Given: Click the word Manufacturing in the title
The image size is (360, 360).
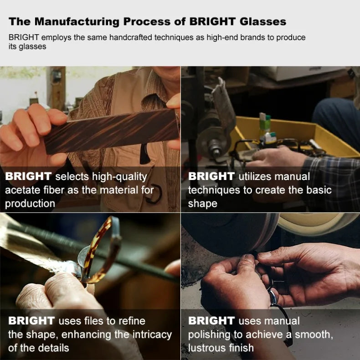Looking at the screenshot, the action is (77, 22).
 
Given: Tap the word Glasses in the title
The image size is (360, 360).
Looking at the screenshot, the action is (263, 21).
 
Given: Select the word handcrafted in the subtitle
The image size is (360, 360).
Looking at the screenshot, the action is (130, 37).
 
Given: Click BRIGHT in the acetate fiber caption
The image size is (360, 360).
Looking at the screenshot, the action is (28, 176).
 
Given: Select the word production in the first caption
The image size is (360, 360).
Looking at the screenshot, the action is (30, 204).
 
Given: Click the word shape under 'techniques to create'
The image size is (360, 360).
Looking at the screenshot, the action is (202, 204).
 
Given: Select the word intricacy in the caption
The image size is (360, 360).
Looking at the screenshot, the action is (152, 334).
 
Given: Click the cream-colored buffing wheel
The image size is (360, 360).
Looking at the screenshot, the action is (319, 224).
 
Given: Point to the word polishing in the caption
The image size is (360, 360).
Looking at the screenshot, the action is (209, 335).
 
